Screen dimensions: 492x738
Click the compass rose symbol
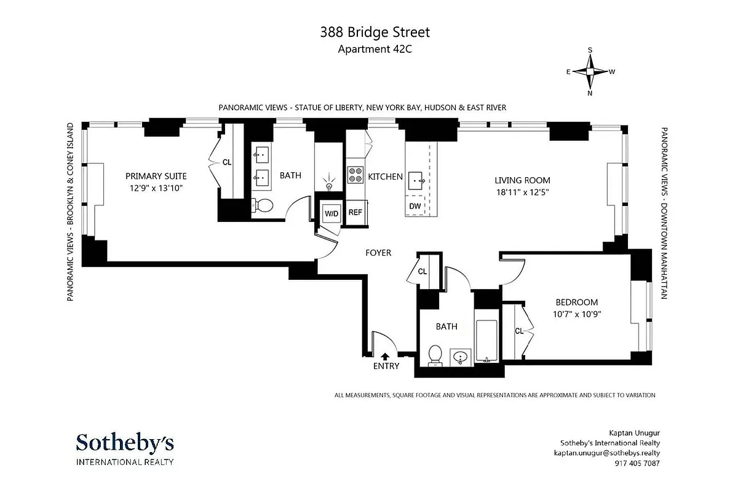click(590, 71)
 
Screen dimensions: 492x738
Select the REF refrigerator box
click(355, 213)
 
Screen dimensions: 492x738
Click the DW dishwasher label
click(415, 206)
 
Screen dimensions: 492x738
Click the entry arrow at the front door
click(386, 355)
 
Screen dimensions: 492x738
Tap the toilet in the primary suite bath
click(263, 206)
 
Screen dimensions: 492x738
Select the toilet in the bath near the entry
click(435, 355)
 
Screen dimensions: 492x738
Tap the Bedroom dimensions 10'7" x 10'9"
click(576, 314)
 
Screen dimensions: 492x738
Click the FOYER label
click(378, 253)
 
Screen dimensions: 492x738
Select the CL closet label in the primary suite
click(227, 163)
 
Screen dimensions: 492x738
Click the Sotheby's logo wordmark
click(125, 443)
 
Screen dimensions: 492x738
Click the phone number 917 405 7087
click(633, 464)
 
